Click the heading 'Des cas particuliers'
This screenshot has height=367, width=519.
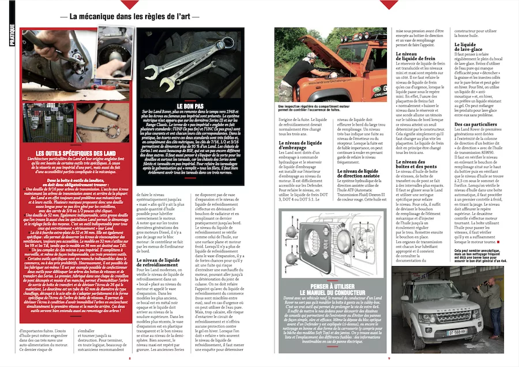point(476,124)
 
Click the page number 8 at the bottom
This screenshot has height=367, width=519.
point(129,358)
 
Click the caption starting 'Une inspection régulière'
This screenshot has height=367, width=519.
point(311,109)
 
